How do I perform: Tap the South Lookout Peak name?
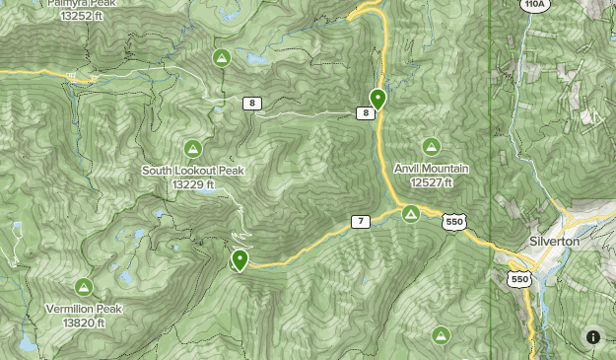(193, 171)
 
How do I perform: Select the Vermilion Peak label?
(84, 309)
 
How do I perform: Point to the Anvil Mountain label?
(432, 169)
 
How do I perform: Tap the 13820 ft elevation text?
(84, 323)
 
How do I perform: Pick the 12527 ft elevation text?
(432, 182)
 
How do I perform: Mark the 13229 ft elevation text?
(193, 184)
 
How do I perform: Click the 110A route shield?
(534, 5)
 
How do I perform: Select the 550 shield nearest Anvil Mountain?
(454, 223)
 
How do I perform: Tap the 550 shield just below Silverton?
(520, 279)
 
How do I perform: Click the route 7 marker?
(361, 222)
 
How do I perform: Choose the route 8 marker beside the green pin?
(367, 113)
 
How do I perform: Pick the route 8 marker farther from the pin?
(253, 104)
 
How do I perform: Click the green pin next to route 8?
(377, 98)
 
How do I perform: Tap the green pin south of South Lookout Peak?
(239, 260)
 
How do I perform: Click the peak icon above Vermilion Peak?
(84, 287)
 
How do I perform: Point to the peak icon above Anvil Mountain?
(431, 147)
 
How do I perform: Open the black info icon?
(593, 337)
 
